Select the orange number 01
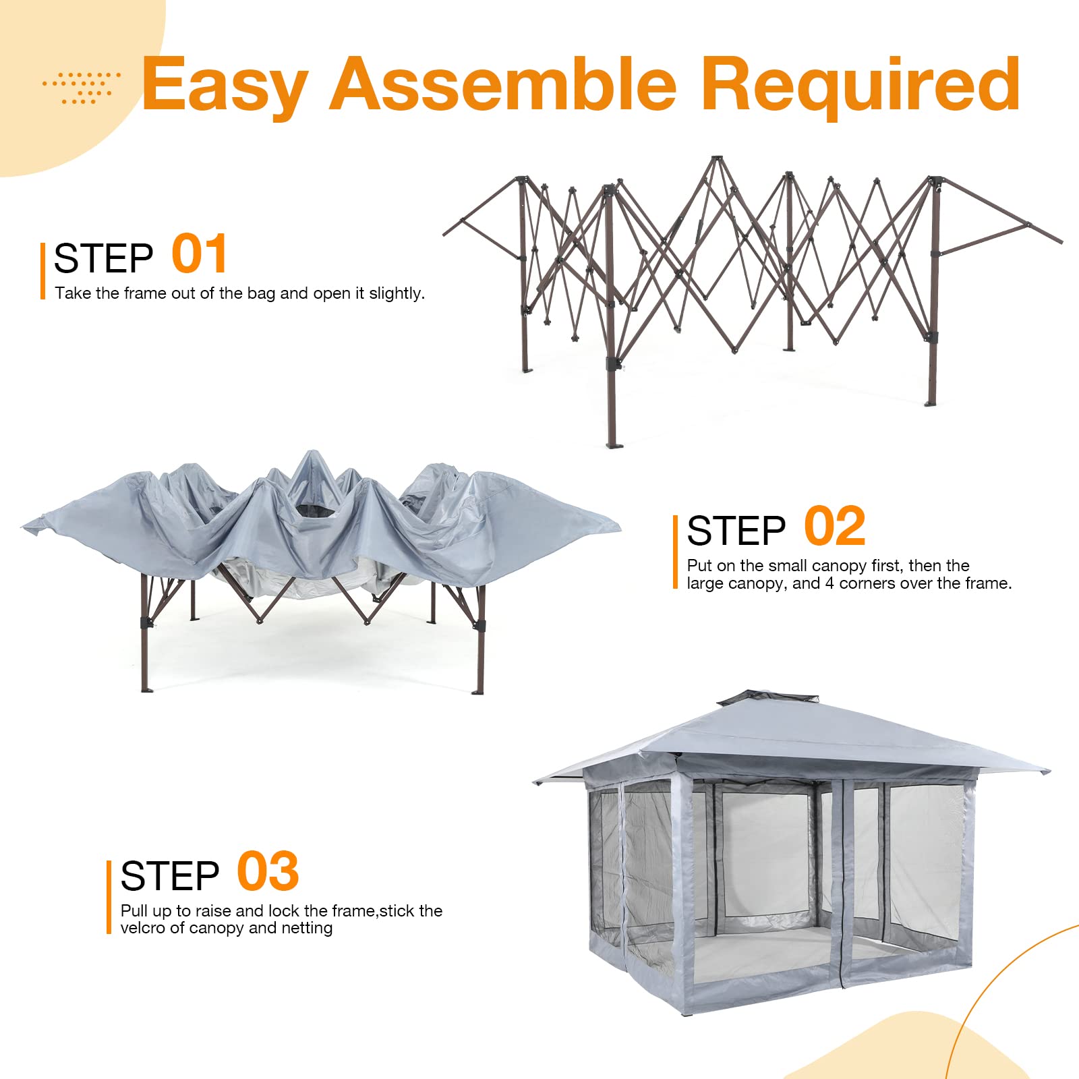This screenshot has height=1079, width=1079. (199, 254)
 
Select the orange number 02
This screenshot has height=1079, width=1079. (834, 527)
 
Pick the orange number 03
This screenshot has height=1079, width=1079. (268, 872)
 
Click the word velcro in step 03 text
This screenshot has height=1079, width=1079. (142, 928)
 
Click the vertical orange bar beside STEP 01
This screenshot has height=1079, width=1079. (42, 271)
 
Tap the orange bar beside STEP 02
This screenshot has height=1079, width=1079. (675, 552)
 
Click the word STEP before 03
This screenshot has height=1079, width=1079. (170, 876)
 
